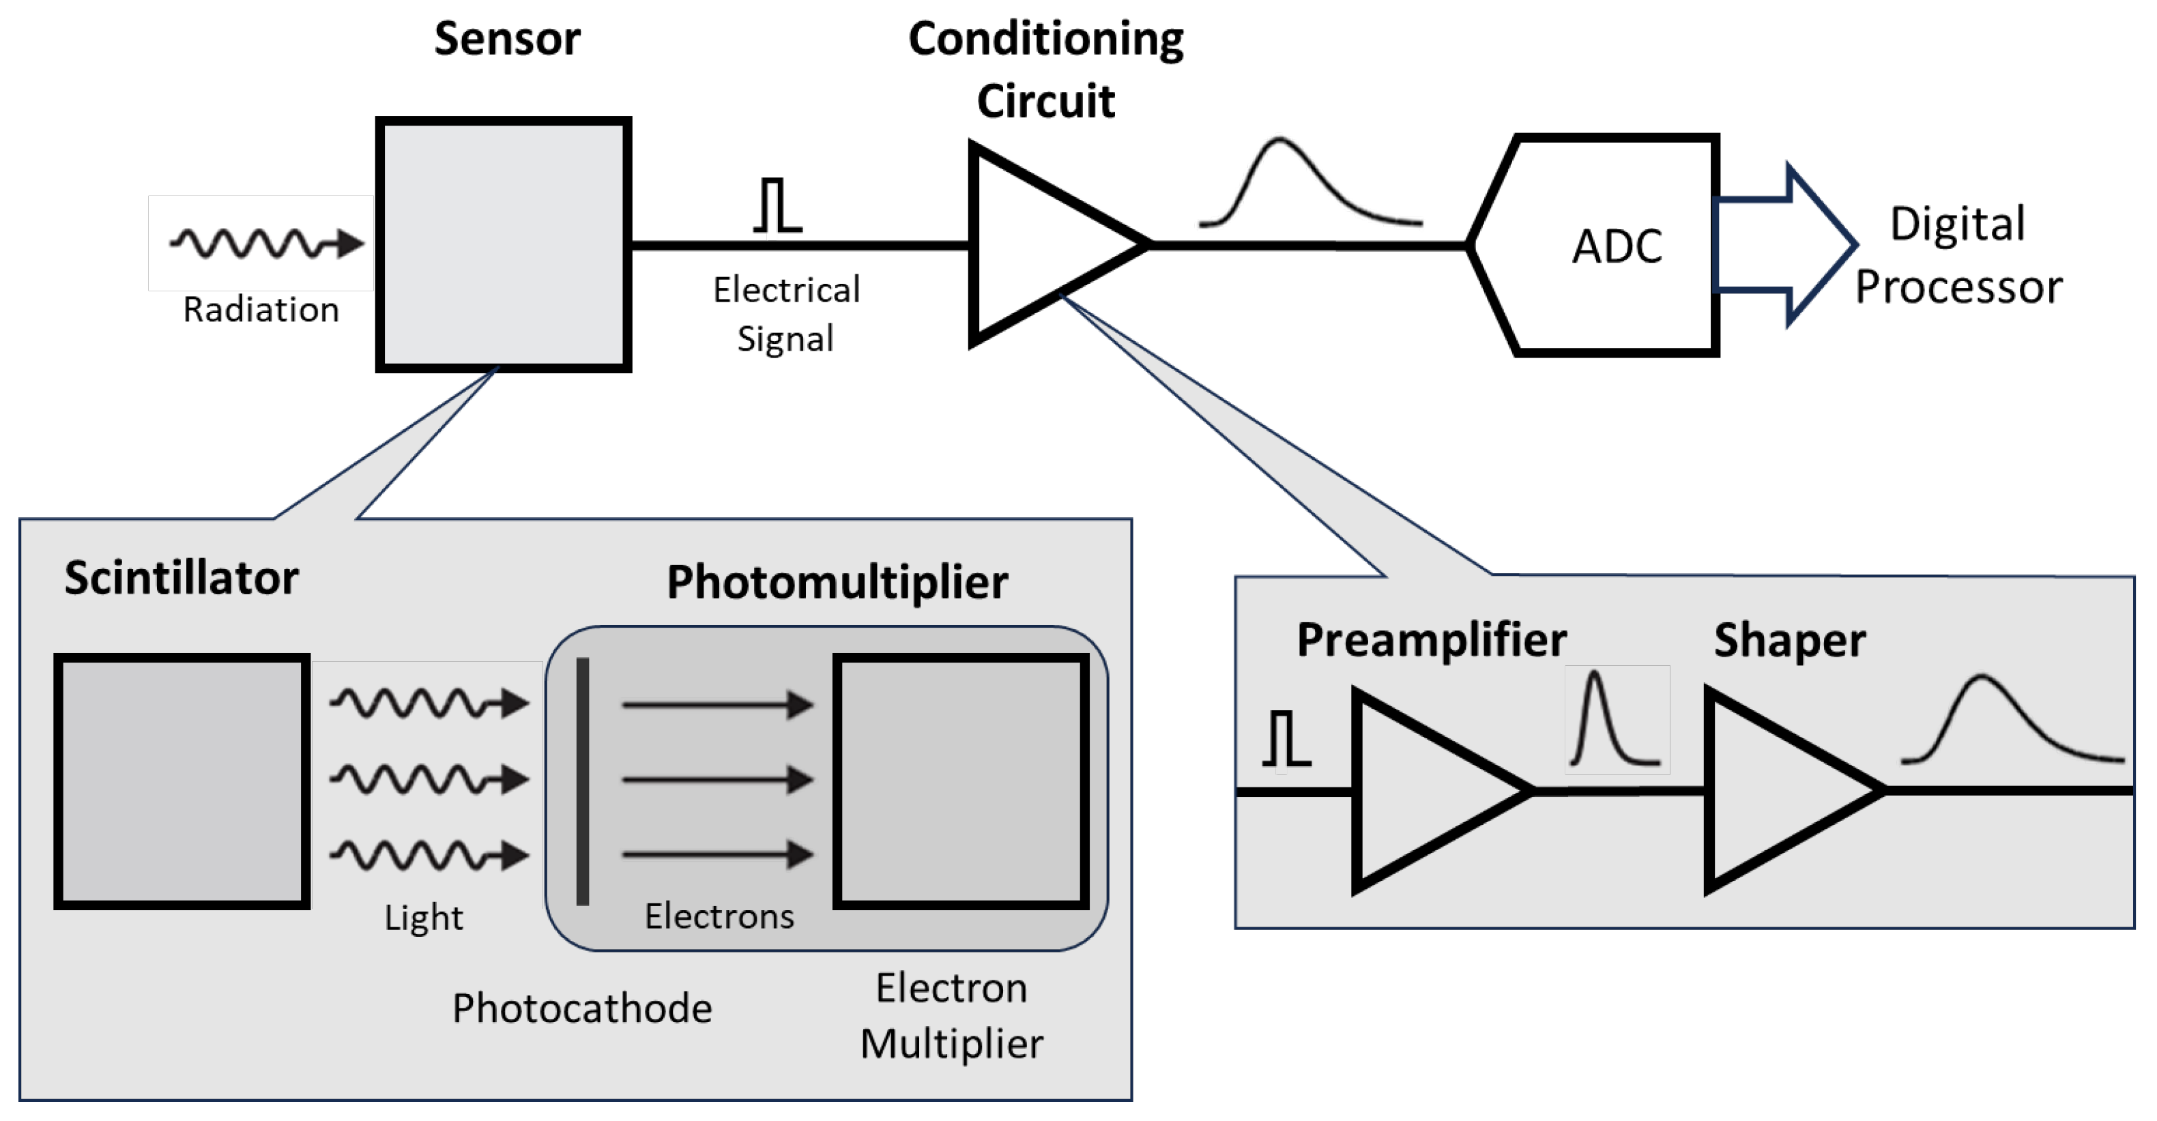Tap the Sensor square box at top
pyautogui.click(x=503, y=244)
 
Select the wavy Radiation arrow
pyautogui.click(x=266, y=243)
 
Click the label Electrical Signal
pyautogui.click(x=785, y=314)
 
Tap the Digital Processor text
pyautogui.click(x=1958, y=255)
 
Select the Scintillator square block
pyautogui.click(x=182, y=781)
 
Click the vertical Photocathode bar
pyautogui.click(x=583, y=781)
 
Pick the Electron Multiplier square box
pyautogui.click(x=960, y=781)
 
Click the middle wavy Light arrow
pyautogui.click(x=429, y=779)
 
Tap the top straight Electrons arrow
pyautogui.click(x=716, y=705)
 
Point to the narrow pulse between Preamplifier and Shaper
pyautogui.click(x=1615, y=720)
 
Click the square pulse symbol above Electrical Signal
pyautogui.click(x=777, y=205)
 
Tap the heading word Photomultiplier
pyautogui.click(x=837, y=582)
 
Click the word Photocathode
pyautogui.click(x=582, y=1008)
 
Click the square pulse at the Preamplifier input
pyautogui.click(x=1286, y=738)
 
